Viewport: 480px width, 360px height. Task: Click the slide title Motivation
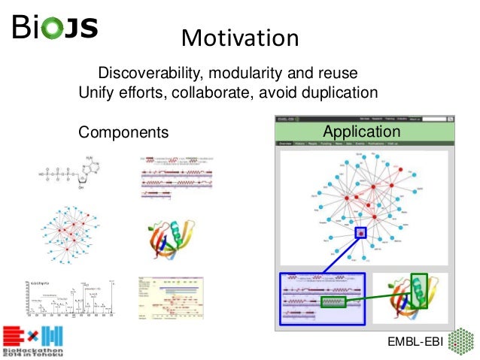(x=240, y=37)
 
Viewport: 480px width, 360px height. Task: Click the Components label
(x=123, y=132)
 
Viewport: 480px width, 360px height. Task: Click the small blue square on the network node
(x=360, y=233)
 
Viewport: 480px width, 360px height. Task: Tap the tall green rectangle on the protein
(x=419, y=290)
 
